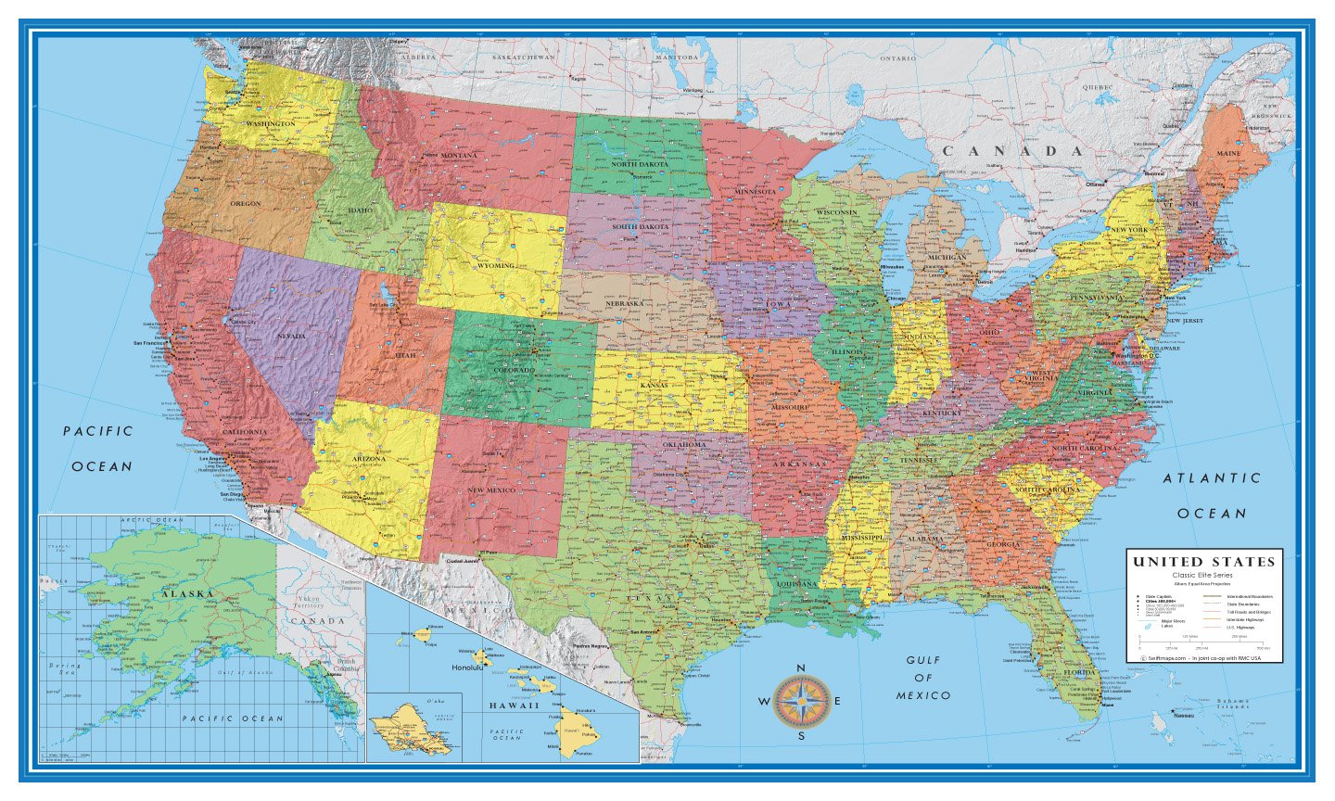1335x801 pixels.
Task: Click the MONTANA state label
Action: [459, 155]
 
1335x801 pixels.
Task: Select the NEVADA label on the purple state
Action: [290, 336]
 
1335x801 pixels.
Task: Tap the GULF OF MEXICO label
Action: [922, 678]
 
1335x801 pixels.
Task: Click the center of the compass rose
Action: [801, 702]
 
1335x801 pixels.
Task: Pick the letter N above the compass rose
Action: [801, 668]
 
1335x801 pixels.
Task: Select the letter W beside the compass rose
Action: [764, 702]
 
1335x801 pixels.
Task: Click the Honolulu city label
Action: [466, 667]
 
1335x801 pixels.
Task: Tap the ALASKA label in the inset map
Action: [187, 593]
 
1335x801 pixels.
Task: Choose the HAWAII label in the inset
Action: [515, 706]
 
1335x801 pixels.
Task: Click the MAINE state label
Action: [1228, 153]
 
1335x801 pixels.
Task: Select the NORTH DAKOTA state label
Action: [639, 164]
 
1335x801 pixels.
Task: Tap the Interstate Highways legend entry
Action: [1247, 619]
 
